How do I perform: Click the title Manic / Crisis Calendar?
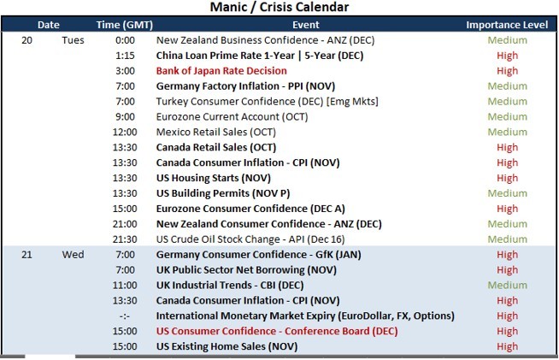(x=279, y=7)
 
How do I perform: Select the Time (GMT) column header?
(x=125, y=25)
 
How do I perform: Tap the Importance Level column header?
(x=507, y=25)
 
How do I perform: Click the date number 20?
(x=26, y=40)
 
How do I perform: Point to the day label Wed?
(x=74, y=255)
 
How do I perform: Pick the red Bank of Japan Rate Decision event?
(x=221, y=71)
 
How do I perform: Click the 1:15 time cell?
(x=125, y=56)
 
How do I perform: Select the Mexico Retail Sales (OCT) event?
(x=216, y=133)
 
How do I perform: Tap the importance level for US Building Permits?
(x=508, y=193)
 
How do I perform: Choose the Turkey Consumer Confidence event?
(x=267, y=102)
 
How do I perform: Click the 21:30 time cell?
(x=125, y=239)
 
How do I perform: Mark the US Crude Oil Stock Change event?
(x=250, y=239)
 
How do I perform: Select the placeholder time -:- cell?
(x=125, y=316)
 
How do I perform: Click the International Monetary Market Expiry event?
(x=305, y=316)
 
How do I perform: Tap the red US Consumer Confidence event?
(x=277, y=332)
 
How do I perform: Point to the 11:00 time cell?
(x=125, y=286)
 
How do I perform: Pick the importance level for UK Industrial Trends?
(x=508, y=286)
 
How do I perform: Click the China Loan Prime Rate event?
(x=260, y=56)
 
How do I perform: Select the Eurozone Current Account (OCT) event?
(x=232, y=117)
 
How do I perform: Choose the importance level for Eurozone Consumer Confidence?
(x=508, y=209)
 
